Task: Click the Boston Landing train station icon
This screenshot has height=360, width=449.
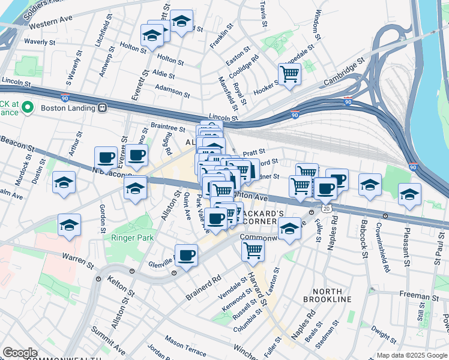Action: (x=103, y=108)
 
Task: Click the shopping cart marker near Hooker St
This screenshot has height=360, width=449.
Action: (x=289, y=74)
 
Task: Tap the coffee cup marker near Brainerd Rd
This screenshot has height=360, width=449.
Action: (x=186, y=255)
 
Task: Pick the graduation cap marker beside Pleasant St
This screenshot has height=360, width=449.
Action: (x=409, y=194)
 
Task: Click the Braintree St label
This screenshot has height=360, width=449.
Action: (x=168, y=127)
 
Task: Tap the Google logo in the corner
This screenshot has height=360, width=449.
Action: (x=20, y=353)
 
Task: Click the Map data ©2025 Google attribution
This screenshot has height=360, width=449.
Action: (x=411, y=355)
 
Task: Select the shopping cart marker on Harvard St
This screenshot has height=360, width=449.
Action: (x=253, y=250)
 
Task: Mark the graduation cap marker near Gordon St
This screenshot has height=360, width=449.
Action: (x=70, y=225)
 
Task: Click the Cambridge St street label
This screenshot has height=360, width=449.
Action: (x=345, y=71)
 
